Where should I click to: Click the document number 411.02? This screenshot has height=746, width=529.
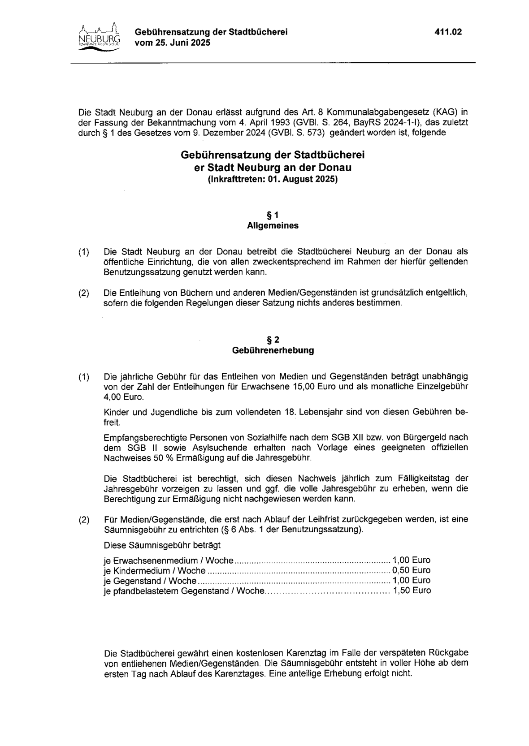[x=448, y=32]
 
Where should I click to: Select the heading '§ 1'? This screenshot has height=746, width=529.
[x=273, y=215]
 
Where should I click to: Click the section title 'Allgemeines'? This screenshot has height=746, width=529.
[x=273, y=226]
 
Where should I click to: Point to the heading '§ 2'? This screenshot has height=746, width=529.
[x=273, y=340]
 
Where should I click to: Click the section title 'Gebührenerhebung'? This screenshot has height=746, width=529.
[x=273, y=350]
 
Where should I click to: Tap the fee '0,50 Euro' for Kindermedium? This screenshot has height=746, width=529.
[x=411, y=570]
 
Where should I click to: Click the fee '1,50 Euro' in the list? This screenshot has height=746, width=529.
[x=412, y=591]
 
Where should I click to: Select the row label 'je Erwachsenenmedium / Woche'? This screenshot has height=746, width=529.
[x=169, y=561]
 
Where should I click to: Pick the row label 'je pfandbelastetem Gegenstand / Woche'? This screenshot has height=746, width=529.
[x=184, y=591]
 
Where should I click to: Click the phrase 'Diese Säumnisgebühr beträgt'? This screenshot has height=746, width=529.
[x=162, y=545]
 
